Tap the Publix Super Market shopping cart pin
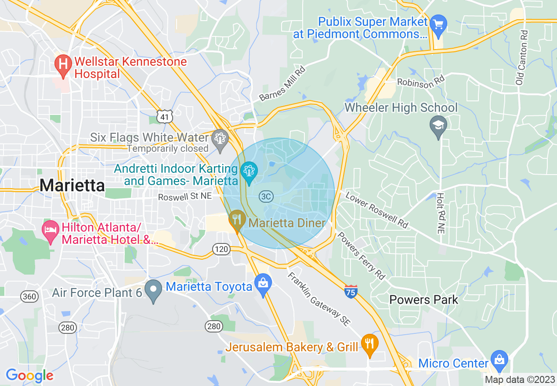click(438, 23)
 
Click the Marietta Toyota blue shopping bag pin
click(263, 285)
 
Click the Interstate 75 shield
click(351, 291)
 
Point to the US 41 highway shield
click(164, 117)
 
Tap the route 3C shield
click(266, 196)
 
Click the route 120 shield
click(221, 250)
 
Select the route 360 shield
click(29, 297)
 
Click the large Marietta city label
click(72, 185)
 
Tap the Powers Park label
click(424, 300)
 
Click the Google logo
click(29, 375)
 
